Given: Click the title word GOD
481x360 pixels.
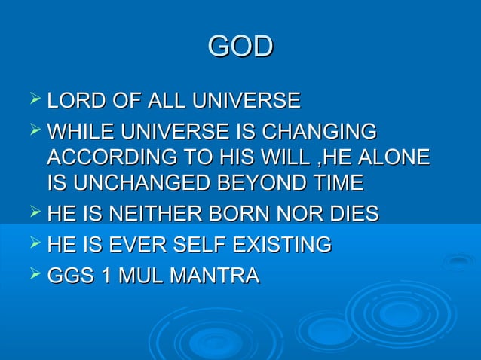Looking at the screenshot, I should (x=240, y=47).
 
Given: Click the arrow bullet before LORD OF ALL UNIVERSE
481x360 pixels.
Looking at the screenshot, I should (x=32, y=99).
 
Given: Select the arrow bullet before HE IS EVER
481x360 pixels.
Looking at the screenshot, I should (x=32, y=243).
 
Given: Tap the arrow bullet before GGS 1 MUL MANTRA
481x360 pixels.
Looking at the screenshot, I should (x=32, y=275).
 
